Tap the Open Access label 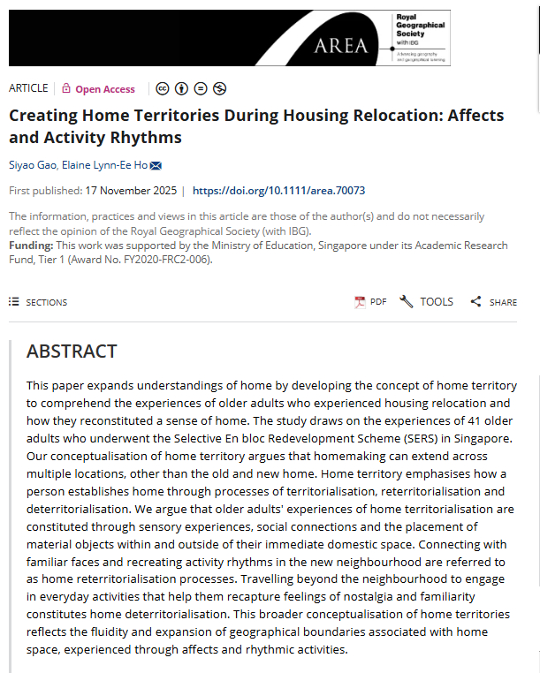point(105,89)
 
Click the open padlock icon point(66,88)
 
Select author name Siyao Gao point(32,165)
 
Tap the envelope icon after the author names point(156,165)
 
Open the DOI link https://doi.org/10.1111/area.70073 point(278,190)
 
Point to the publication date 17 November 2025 point(130,190)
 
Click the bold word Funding point(29,245)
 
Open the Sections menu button point(38,302)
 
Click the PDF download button point(370,302)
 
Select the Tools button point(426,302)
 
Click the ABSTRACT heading point(72,351)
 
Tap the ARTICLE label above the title point(28,88)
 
